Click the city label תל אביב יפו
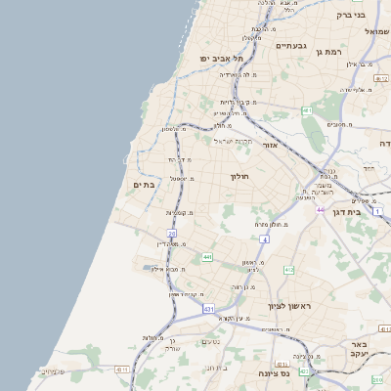click(x=222, y=59)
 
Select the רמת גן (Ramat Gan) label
click(x=348, y=49)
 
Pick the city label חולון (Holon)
click(x=239, y=177)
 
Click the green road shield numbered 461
click(x=307, y=111)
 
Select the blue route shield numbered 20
click(x=171, y=234)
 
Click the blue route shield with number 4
click(x=264, y=239)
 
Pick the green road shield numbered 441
click(x=207, y=257)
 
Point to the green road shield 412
click(x=289, y=269)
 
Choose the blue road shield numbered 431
click(x=208, y=309)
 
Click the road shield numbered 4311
click(x=122, y=369)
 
